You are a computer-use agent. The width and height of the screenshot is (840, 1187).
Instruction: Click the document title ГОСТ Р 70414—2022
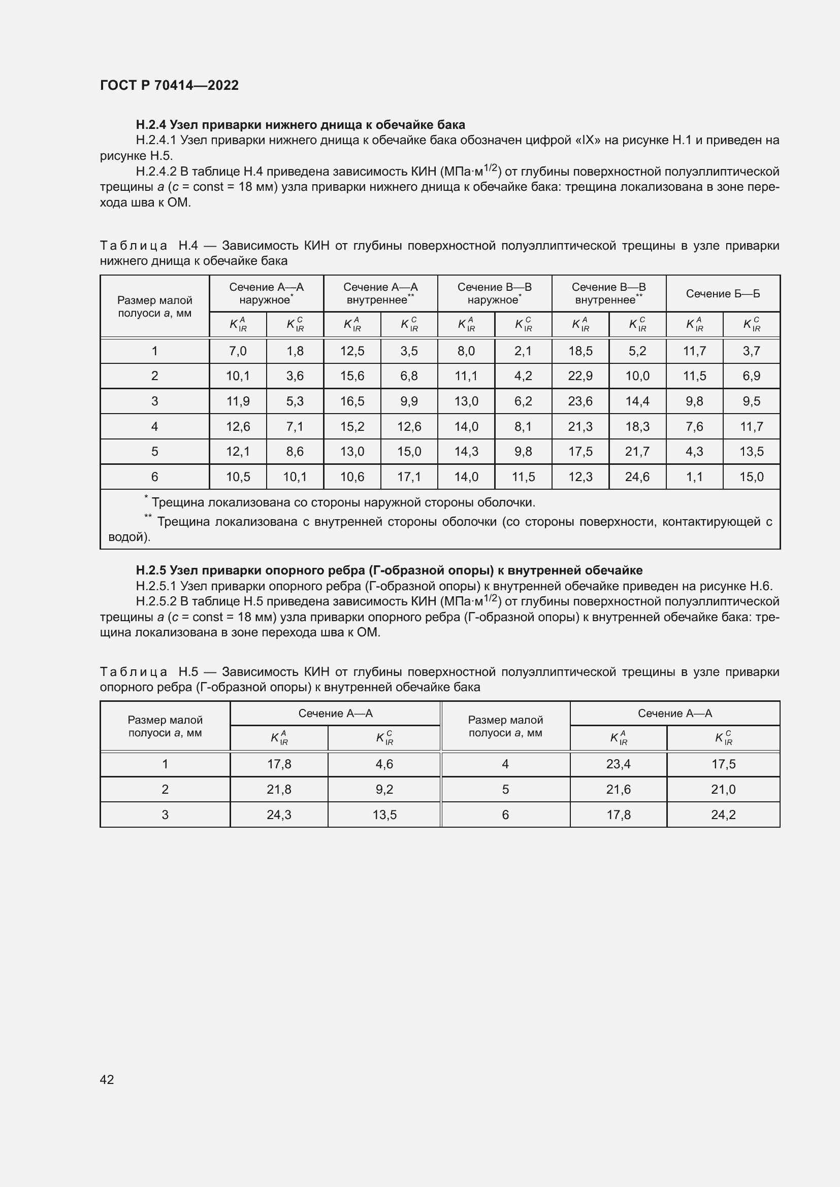pyautogui.click(x=169, y=85)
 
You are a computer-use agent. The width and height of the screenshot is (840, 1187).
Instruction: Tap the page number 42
pyautogui.click(x=107, y=1079)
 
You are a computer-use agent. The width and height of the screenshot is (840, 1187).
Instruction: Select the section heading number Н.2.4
pyautogui.click(x=151, y=125)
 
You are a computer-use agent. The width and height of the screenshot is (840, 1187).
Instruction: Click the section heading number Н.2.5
pyautogui.click(x=151, y=570)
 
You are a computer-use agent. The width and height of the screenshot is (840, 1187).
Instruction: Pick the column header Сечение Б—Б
pyautogui.click(x=723, y=294)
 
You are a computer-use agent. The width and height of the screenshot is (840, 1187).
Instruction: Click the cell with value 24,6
pyautogui.click(x=637, y=477)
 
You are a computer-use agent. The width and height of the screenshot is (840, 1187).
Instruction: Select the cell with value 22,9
pyautogui.click(x=580, y=376)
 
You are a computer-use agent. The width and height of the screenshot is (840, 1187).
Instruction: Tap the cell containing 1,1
pyautogui.click(x=694, y=477)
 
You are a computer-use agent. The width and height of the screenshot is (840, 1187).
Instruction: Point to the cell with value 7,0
pyautogui.click(x=237, y=351)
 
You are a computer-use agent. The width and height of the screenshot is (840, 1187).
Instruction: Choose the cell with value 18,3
pyautogui.click(x=637, y=426)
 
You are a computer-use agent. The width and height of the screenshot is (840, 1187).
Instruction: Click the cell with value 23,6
pyautogui.click(x=580, y=401)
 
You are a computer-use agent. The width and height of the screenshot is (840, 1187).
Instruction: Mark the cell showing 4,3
pyautogui.click(x=694, y=451)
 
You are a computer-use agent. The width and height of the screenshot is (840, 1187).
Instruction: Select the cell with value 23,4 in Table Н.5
pyautogui.click(x=618, y=764)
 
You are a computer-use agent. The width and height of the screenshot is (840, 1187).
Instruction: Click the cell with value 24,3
pyautogui.click(x=279, y=815)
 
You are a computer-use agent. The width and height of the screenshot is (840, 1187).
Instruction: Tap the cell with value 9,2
pyautogui.click(x=384, y=790)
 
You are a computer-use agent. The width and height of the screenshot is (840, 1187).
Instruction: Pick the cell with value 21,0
pyautogui.click(x=723, y=790)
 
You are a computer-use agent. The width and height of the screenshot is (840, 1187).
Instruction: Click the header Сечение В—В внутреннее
pyautogui.click(x=608, y=294)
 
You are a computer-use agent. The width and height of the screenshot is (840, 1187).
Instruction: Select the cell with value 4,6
pyautogui.click(x=384, y=764)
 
